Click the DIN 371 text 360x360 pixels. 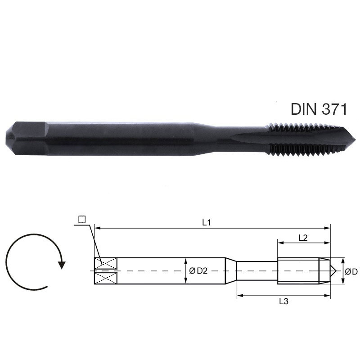pos(319,109)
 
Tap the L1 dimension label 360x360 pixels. pos(207,222)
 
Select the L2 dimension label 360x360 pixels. pos(303,238)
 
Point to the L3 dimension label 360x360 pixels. pos(283,301)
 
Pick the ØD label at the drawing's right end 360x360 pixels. pos(351,271)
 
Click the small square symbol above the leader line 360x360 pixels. pos(81,219)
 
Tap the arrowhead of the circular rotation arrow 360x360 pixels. pos(62,264)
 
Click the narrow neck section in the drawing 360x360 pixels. pos(256,271)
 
